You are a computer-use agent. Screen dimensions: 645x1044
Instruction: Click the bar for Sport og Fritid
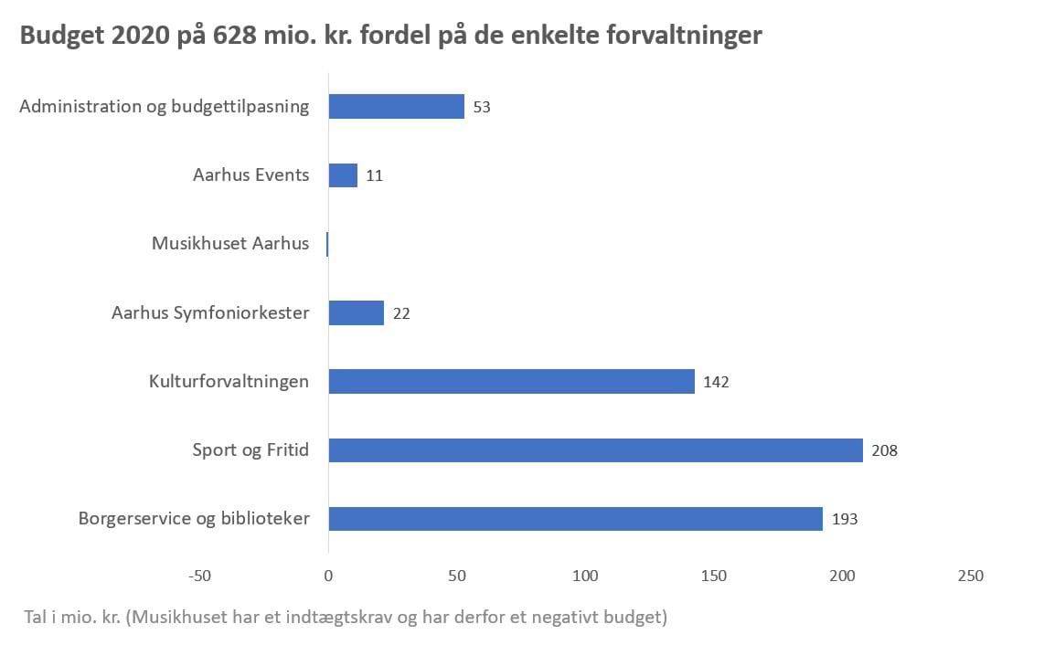(595, 450)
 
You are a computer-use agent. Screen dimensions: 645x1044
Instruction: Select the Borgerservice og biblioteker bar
(575, 519)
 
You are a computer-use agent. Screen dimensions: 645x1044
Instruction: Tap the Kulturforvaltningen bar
(511, 382)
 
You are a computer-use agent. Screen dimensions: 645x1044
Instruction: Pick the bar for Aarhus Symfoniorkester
(356, 313)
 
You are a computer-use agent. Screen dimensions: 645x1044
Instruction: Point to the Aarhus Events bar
(343, 175)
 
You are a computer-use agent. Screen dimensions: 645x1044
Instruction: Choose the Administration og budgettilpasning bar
(396, 107)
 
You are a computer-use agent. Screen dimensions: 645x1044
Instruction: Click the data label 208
(885, 450)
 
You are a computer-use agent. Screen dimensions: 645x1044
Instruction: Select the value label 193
(845, 519)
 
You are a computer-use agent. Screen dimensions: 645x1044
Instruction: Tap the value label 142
(716, 382)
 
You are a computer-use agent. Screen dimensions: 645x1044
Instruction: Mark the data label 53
(482, 107)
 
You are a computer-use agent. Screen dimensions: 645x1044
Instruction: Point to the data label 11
(374, 175)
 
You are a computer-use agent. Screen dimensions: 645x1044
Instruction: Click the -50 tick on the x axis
(199, 576)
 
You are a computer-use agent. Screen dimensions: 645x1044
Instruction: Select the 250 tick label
(970, 576)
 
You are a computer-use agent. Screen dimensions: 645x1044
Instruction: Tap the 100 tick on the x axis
(585, 576)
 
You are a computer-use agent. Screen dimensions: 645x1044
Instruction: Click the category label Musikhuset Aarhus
(230, 244)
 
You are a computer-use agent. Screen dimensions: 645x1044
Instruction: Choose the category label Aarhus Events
(250, 175)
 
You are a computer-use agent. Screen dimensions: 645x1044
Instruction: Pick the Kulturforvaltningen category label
(229, 382)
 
